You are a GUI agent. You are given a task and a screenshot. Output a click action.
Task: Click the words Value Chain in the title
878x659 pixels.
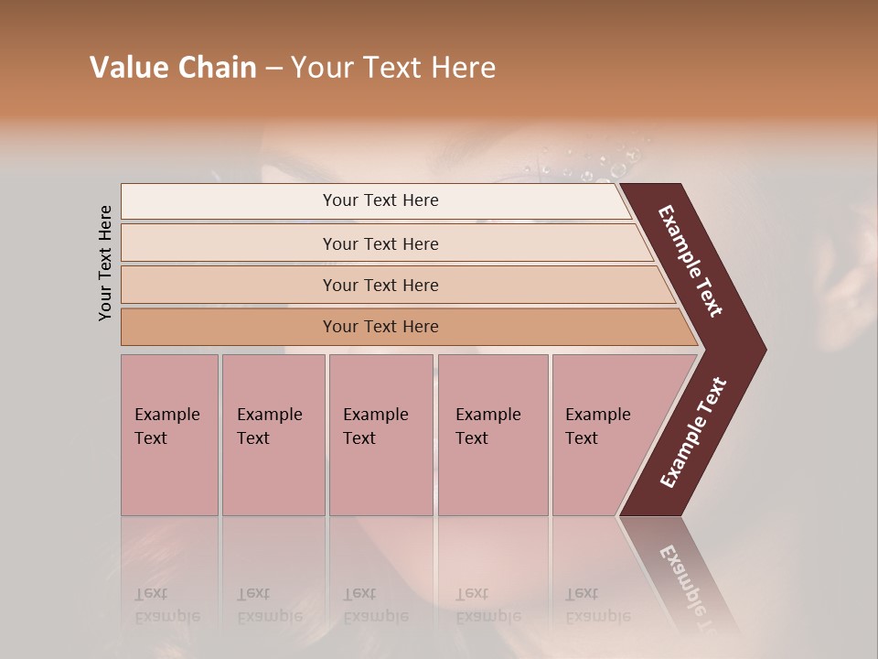click(x=173, y=68)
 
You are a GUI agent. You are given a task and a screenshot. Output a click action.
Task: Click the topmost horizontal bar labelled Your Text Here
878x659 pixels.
click(x=380, y=200)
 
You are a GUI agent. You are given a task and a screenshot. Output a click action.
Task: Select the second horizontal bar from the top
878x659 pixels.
click(x=380, y=243)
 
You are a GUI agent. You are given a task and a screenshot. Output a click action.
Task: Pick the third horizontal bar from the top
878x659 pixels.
click(x=380, y=285)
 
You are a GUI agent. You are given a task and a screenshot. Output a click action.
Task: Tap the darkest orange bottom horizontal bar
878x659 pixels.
click(x=380, y=327)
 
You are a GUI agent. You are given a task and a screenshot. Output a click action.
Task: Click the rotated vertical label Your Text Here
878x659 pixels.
click(x=105, y=264)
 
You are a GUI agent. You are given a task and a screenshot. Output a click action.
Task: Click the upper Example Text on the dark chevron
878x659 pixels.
click(x=691, y=261)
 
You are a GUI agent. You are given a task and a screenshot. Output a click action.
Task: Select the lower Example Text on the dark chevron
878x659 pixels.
click(x=693, y=432)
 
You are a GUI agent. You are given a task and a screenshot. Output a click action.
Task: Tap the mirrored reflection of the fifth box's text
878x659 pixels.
click(x=596, y=605)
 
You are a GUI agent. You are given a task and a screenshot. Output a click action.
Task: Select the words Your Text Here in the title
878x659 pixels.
click(x=393, y=68)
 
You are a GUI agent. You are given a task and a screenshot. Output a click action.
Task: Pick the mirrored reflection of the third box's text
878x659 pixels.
click(x=375, y=605)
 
